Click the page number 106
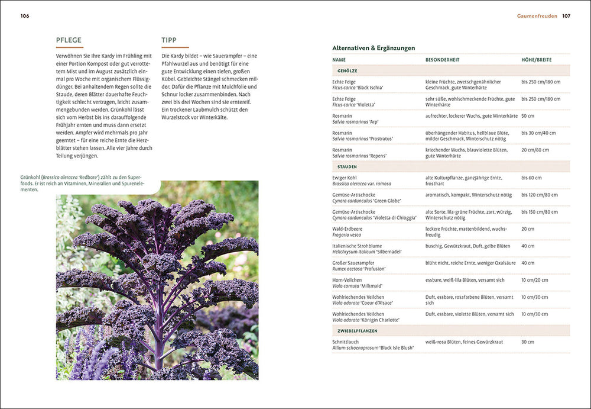click(x=25, y=16)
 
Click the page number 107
click(x=566, y=16)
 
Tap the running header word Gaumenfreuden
click(x=537, y=16)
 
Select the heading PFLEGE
click(x=69, y=40)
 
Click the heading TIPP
click(x=169, y=40)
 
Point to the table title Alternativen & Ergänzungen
click(x=374, y=48)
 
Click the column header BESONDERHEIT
click(x=442, y=60)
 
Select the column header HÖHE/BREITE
click(x=537, y=60)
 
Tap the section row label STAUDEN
click(x=347, y=167)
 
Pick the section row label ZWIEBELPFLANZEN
click(x=357, y=331)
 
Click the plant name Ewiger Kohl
click(x=346, y=178)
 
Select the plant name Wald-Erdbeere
click(x=348, y=228)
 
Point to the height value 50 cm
click(x=528, y=116)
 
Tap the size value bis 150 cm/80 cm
click(x=540, y=211)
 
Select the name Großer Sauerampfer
click(x=353, y=263)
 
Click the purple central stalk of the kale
click(x=158, y=331)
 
